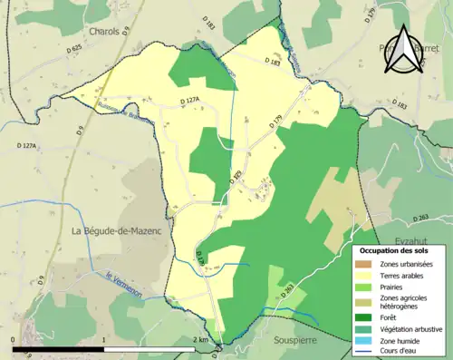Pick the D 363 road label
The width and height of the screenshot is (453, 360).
coord(288,291)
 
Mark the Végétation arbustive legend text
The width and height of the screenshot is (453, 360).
coord(412,328)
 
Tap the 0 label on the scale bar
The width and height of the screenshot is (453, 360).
coord(14,339)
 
